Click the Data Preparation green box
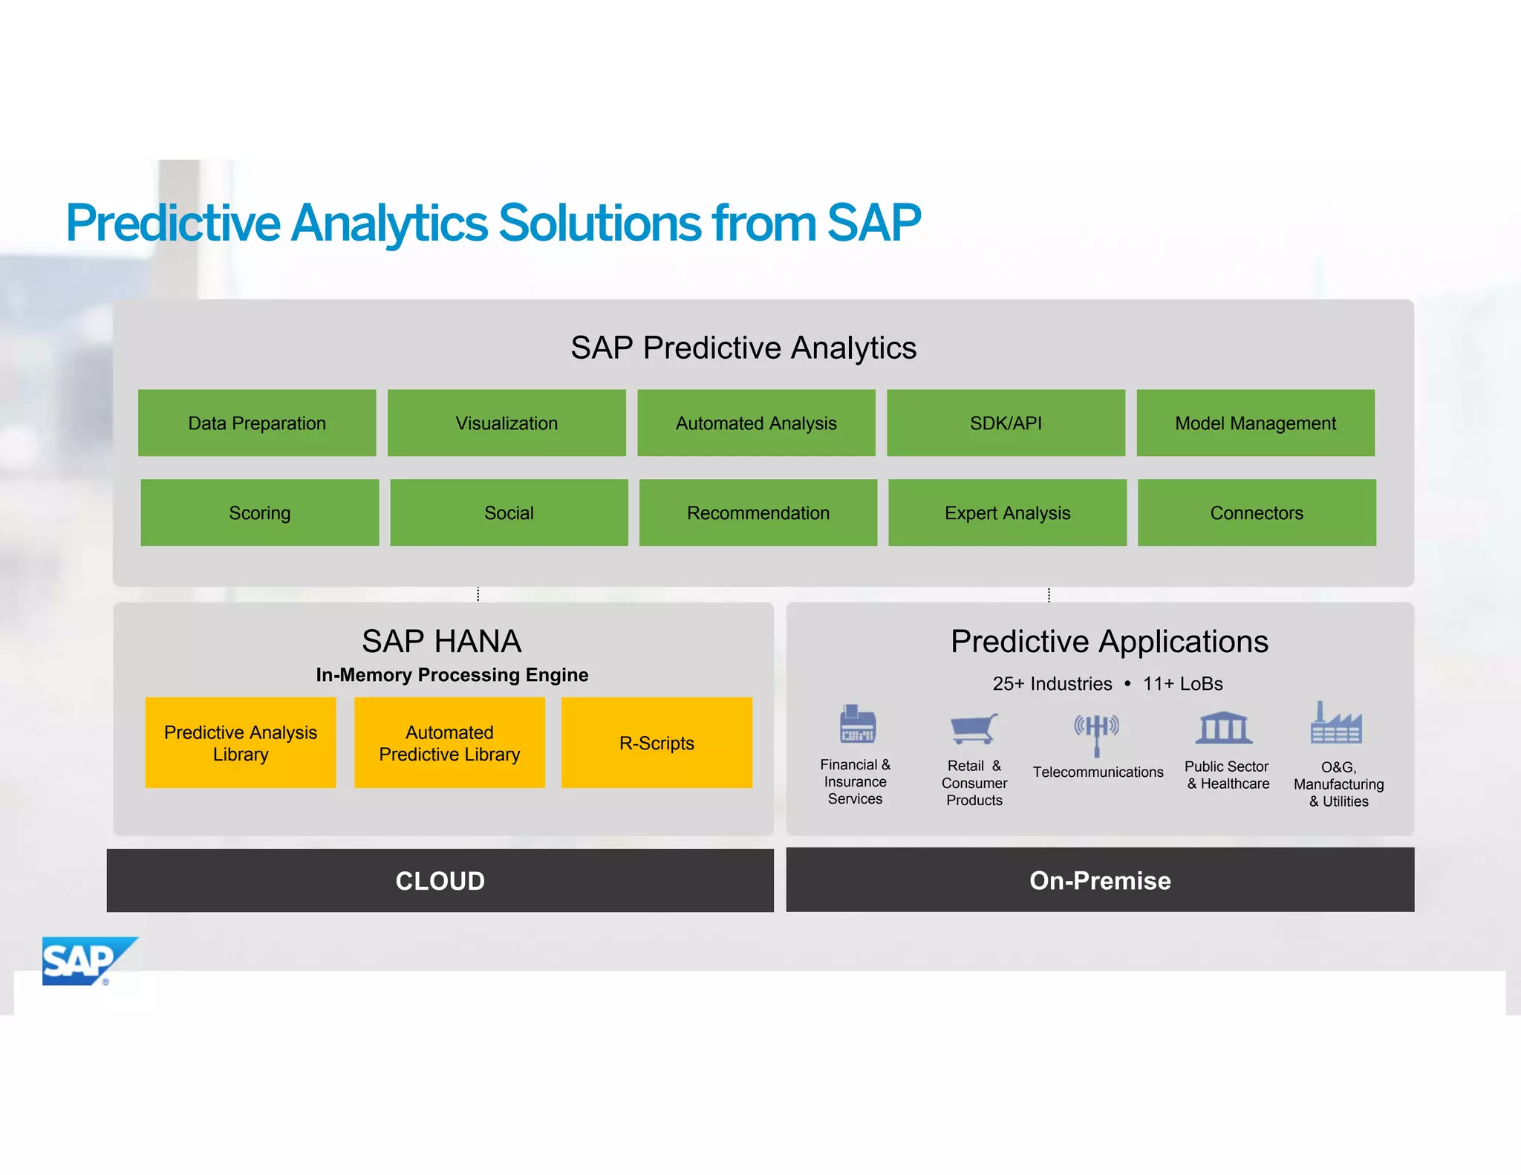point(257,423)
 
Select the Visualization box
point(507,423)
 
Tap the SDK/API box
point(1006,423)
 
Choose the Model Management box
point(1255,423)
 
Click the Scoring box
point(259,512)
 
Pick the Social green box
point(509,512)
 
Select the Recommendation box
point(758,512)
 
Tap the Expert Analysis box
point(1007,512)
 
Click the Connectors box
point(1257,512)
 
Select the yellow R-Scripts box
point(657,743)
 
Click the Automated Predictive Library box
point(449,743)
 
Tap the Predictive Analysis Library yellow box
point(241,743)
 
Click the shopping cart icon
point(974,728)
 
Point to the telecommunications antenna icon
point(1096,732)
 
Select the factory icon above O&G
point(1335,723)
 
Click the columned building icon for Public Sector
point(1224,727)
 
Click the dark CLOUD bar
point(440,881)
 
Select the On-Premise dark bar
point(1100,880)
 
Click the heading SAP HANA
point(441,641)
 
